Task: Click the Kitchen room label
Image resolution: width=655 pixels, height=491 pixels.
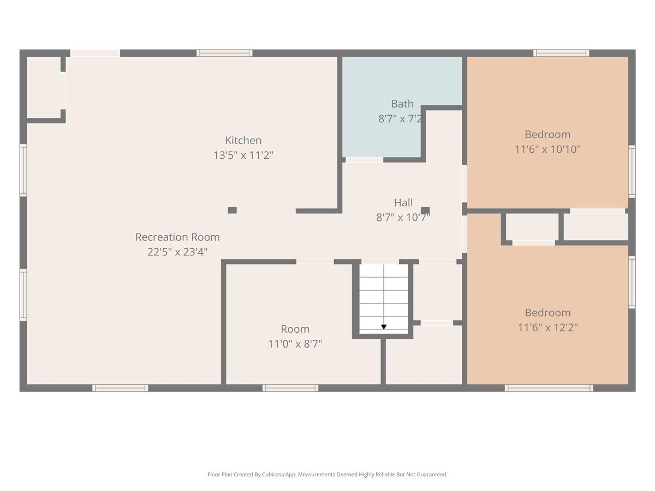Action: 243,140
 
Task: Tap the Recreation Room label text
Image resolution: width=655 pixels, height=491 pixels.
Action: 177,237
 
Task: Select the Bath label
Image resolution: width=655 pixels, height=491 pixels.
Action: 402,104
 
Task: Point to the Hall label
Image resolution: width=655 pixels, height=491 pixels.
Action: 403,203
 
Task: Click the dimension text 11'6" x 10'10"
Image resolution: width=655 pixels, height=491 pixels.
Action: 547,149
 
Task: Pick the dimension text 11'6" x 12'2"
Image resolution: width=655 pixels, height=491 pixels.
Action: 547,328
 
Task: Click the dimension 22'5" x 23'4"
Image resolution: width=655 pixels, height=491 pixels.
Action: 177,252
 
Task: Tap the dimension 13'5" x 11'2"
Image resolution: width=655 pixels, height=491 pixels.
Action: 243,155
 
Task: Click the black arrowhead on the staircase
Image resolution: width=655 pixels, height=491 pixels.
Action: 384,327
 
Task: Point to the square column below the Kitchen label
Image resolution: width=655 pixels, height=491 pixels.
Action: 232,210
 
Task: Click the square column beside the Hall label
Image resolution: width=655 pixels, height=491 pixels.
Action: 425,210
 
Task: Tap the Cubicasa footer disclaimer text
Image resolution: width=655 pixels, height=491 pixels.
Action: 327,474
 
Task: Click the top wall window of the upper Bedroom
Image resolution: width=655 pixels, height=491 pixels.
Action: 561,53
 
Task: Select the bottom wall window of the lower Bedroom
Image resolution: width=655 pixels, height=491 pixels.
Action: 549,388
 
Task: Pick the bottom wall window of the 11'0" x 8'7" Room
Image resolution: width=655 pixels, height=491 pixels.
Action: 290,388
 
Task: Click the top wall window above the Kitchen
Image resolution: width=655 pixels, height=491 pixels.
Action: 224,53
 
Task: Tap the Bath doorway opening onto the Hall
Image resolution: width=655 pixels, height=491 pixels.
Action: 365,160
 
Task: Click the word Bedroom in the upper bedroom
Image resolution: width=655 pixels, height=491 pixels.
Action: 547,134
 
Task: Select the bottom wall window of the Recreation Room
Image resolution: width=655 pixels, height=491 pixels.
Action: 120,388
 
